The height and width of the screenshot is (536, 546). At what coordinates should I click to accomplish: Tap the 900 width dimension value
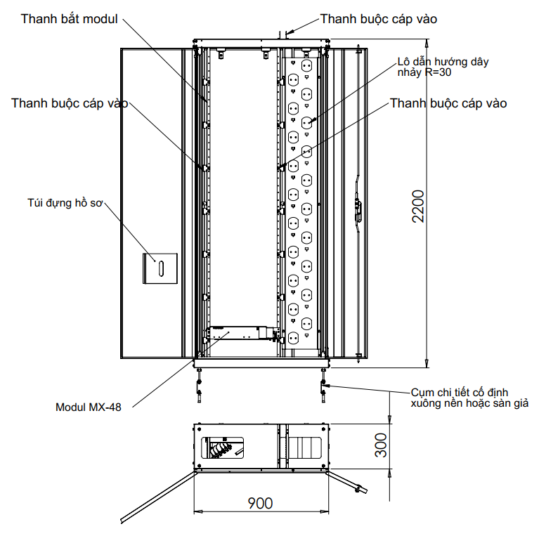[259, 503]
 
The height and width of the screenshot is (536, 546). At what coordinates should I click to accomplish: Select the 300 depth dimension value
[380, 444]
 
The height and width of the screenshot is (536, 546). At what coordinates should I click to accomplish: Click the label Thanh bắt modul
[69, 18]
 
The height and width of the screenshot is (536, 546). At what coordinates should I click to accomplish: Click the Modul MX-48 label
[88, 407]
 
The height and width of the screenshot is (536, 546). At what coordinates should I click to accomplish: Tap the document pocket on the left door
[160, 268]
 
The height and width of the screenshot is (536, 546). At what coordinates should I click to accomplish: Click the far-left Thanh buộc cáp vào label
[70, 103]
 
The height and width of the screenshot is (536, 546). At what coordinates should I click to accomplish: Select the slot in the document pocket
[160, 268]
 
